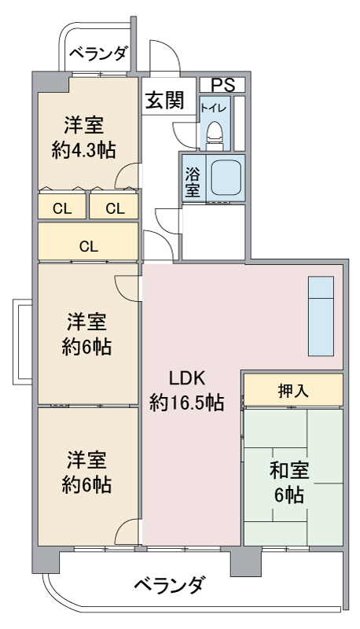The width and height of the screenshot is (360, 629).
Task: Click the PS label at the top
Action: tap(223, 85)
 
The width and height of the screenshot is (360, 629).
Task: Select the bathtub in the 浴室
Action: tap(226, 178)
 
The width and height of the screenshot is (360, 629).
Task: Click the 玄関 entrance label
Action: tap(164, 100)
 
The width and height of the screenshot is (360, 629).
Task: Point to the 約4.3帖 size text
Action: tap(84, 150)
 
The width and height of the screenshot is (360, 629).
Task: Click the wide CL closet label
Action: tap(89, 246)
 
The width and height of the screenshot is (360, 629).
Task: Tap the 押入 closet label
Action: tap(293, 391)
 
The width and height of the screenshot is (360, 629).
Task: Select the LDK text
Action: tap(186, 378)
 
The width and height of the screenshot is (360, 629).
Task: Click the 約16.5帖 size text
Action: tap(186, 403)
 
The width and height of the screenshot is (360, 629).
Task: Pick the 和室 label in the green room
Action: tap(289, 470)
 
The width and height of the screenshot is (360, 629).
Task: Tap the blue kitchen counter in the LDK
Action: tap(321, 316)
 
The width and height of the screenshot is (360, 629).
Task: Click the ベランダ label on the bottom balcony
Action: tap(171, 585)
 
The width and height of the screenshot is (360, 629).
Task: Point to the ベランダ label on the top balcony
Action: tap(99, 53)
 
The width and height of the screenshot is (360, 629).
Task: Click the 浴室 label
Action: tap(193, 182)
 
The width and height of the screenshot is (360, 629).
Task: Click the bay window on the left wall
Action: tap(22, 341)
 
